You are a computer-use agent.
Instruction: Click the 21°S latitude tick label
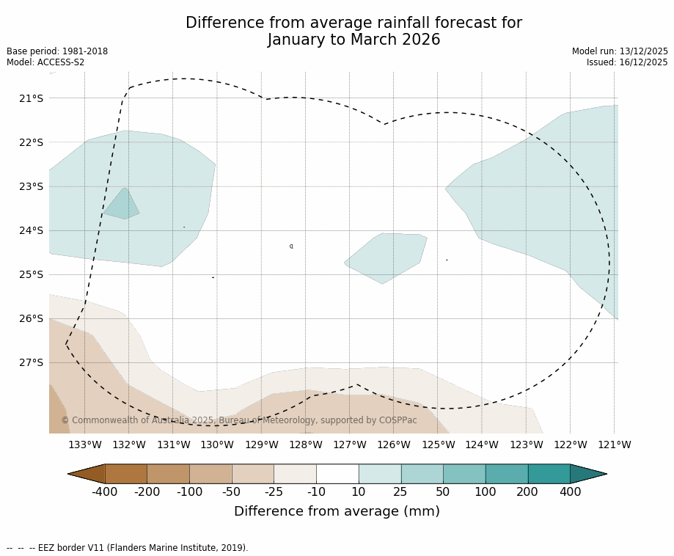click(31, 98)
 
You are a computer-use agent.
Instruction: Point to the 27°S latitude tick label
click(31, 362)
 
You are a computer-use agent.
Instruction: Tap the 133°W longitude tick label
click(85, 445)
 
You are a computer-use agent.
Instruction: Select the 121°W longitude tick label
click(614, 445)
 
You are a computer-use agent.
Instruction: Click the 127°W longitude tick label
click(350, 445)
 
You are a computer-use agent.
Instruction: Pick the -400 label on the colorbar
click(104, 492)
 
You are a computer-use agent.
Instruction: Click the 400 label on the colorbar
click(570, 492)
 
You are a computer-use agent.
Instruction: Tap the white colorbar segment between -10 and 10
click(337, 474)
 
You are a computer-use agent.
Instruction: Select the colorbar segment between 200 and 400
click(549, 474)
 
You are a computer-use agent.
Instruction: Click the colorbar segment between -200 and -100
click(168, 474)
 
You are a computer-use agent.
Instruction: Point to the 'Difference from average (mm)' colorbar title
click(337, 512)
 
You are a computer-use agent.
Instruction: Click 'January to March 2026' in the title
click(354, 40)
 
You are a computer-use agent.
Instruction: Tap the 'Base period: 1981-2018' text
click(57, 51)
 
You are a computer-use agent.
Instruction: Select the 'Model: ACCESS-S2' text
click(45, 62)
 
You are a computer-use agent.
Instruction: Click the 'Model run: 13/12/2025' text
click(620, 51)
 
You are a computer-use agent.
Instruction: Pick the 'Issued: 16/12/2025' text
click(627, 62)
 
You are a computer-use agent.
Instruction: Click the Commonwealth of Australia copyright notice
click(238, 420)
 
